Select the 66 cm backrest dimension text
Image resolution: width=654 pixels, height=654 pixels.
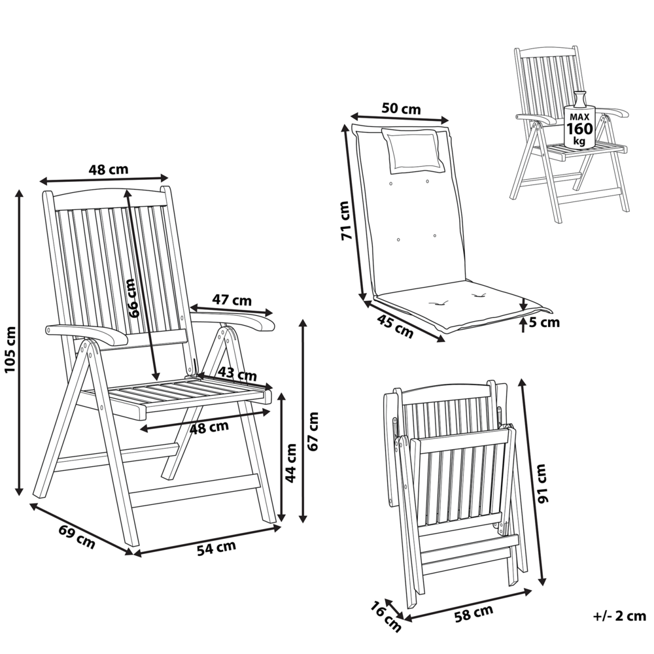133,298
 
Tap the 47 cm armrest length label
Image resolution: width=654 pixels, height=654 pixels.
232,300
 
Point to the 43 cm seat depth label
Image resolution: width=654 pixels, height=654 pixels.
237,375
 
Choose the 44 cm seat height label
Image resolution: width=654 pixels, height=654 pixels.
292,462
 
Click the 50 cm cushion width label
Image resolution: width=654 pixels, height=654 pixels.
401,109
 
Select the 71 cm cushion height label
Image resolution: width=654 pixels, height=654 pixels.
346,220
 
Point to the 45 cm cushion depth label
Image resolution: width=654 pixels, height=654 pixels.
395,326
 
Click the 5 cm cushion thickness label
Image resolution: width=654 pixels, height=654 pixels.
545,322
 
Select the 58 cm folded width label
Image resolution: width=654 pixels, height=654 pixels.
473,613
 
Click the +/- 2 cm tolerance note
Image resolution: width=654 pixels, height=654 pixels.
619,616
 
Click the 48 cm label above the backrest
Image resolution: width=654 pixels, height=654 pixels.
109,169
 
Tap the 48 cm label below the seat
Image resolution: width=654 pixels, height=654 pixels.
209,427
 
